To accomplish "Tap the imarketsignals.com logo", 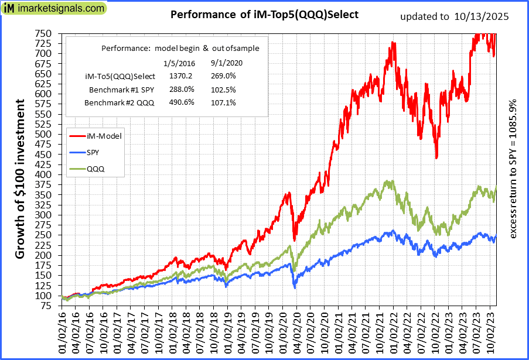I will [x=54, y=9].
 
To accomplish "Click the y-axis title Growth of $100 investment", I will [x=20, y=179].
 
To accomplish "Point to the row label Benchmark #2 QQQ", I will [x=120, y=102].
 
